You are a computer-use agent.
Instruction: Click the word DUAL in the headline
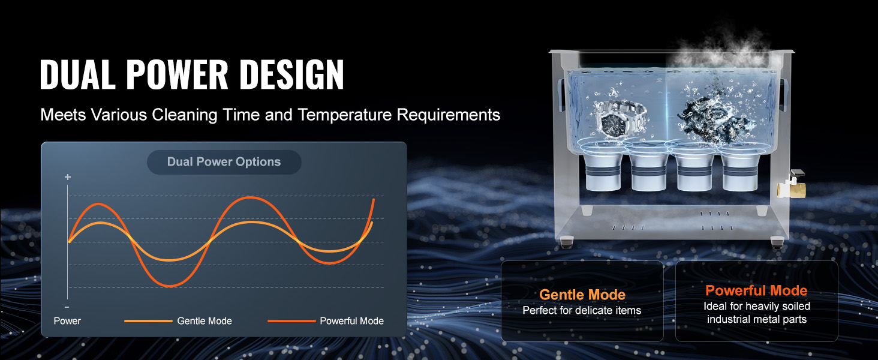click(77, 74)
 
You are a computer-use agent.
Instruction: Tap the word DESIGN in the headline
click(291, 74)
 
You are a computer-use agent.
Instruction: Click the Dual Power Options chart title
click(224, 161)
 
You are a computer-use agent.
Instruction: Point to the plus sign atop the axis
click(68, 177)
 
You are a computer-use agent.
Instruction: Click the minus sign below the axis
click(67, 307)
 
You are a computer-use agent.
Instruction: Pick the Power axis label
click(67, 321)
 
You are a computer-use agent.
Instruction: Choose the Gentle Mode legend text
click(205, 321)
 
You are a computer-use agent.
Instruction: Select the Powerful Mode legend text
click(351, 321)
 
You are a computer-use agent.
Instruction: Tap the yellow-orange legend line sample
click(148, 321)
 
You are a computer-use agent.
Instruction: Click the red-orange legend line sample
click(291, 321)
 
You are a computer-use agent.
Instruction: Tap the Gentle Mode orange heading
click(582, 295)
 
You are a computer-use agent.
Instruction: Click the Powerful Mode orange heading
click(756, 290)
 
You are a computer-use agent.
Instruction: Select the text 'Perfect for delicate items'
click(582, 310)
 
